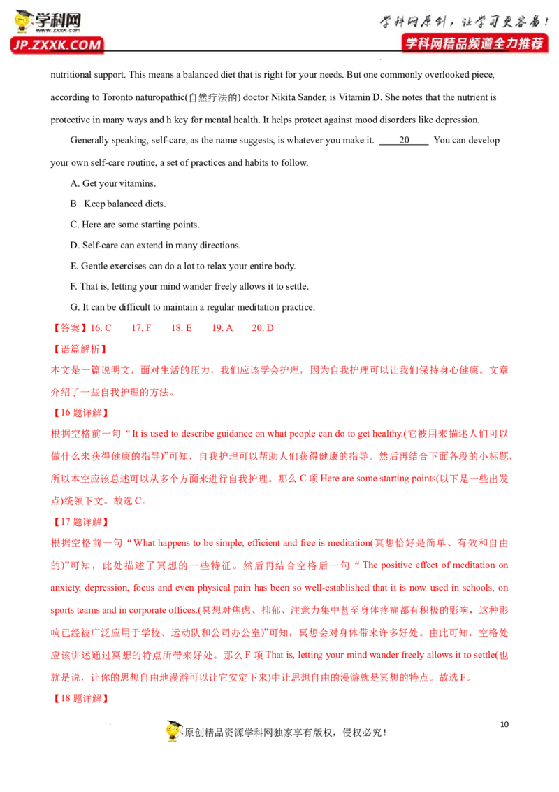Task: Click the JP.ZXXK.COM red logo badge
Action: click(x=57, y=45)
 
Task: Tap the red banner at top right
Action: click(x=474, y=43)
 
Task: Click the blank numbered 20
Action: click(x=404, y=141)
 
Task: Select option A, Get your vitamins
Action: click(x=113, y=183)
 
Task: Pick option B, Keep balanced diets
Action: click(x=118, y=204)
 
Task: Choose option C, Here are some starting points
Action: click(x=136, y=225)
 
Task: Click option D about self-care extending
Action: click(x=155, y=246)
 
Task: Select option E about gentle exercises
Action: click(x=183, y=266)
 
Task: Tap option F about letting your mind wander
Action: click(x=189, y=286)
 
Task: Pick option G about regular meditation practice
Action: click(x=193, y=307)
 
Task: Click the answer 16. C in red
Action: click(x=101, y=328)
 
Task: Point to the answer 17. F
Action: click(x=141, y=328)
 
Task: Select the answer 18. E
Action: click(x=182, y=328)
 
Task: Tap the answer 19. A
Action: click(x=222, y=328)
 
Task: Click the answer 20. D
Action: click(x=263, y=328)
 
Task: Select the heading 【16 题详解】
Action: click(x=81, y=413)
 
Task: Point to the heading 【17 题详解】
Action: click(x=81, y=522)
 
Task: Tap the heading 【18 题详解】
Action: click(x=81, y=698)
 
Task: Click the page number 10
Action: click(x=504, y=724)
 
